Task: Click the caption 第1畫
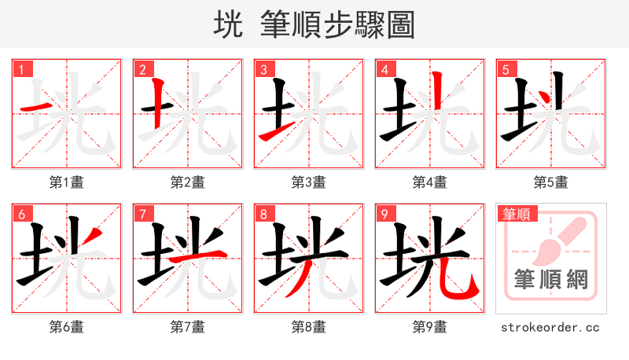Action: pos(66,182)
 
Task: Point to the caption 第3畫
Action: pos(308,182)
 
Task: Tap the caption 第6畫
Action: pos(66,326)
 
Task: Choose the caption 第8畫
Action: pos(308,326)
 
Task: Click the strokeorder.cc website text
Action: pos(550,326)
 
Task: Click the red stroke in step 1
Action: pos(36,106)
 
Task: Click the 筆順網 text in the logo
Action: pos(550,279)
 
